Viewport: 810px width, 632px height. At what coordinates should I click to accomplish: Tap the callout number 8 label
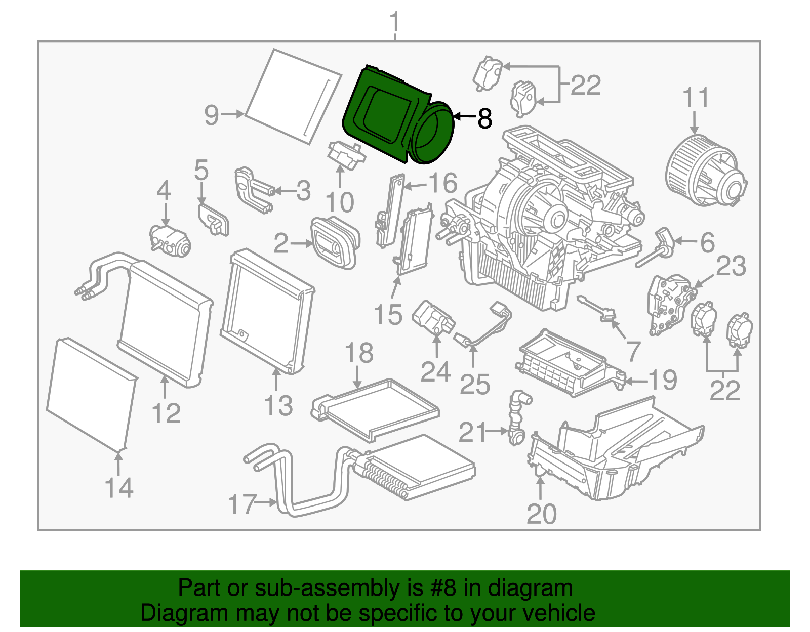click(x=484, y=119)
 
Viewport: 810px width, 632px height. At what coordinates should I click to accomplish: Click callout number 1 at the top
click(x=395, y=23)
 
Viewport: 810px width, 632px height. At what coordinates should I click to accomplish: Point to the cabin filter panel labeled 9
click(x=294, y=96)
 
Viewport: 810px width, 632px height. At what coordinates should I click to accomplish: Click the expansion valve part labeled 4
click(x=170, y=240)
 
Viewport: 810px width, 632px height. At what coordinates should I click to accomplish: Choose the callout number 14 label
click(x=119, y=488)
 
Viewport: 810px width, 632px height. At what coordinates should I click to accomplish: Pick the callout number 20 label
click(x=541, y=514)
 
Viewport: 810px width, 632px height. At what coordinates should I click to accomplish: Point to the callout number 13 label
click(x=278, y=406)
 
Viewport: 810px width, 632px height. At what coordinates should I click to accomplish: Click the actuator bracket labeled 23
click(x=668, y=304)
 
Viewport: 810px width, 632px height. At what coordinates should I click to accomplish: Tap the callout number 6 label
click(x=707, y=243)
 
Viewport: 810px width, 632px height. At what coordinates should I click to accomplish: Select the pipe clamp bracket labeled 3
click(x=253, y=190)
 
